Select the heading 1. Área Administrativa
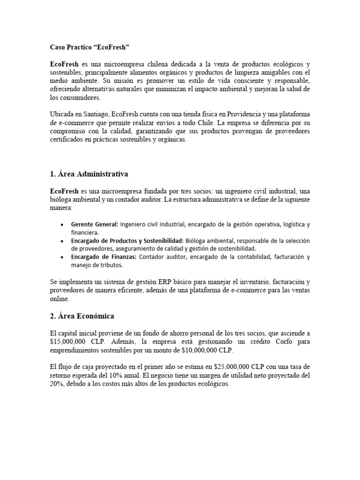pos(89,174)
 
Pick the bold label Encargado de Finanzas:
pos(104,257)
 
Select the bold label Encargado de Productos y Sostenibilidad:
pos(127,240)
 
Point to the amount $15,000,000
pos(69,341)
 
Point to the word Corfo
pos(285,341)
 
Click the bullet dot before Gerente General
pos(62,225)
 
